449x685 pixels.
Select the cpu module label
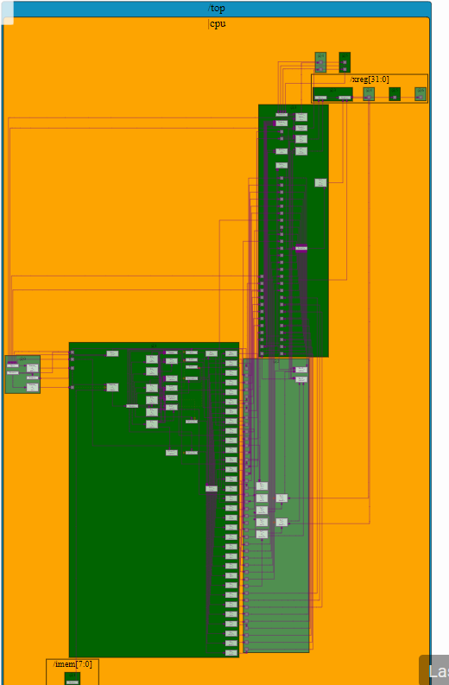(x=218, y=23)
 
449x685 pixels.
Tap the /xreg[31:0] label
(x=370, y=79)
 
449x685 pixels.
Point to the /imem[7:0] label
(x=73, y=664)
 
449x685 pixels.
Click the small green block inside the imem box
(x=73, y=678)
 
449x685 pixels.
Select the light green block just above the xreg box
(x=320, y=61)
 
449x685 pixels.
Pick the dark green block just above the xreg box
(x=345, y=61)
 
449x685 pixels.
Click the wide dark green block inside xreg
(x=332, y=94)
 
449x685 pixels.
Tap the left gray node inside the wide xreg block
(x=320, y=98)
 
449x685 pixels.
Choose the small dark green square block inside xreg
(x=395, y=93)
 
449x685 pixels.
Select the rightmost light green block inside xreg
(x=421, y=93)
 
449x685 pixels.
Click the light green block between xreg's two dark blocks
(x=369, y=93)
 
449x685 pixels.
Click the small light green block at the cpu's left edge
(x=22, y=374)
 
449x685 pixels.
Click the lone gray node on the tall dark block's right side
(x=320, y=182)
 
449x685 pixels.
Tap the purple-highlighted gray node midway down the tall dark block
(x=300, y=248)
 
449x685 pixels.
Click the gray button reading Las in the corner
(x=435, y=671)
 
